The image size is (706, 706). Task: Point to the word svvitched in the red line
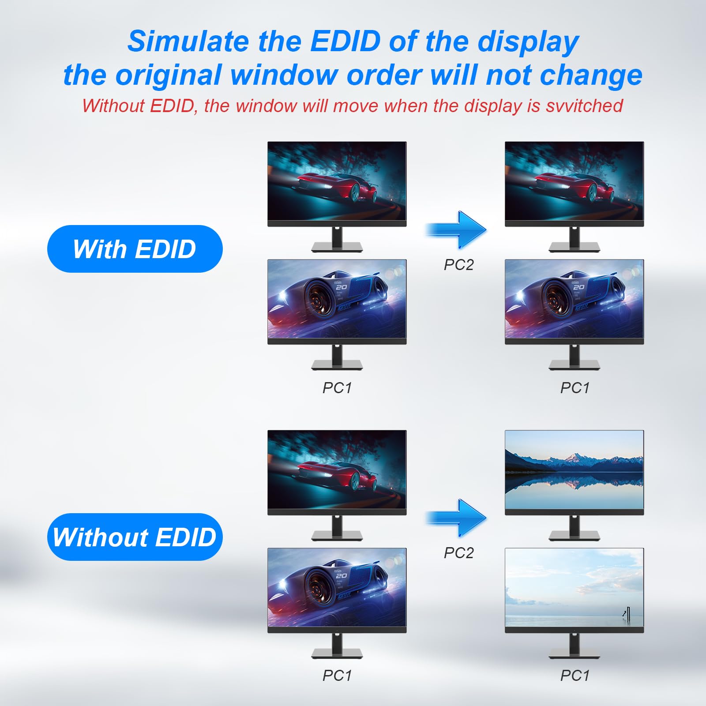pos(584,106)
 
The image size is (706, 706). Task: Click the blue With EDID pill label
pos(135,249)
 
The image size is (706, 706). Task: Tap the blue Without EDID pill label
pos(135,537)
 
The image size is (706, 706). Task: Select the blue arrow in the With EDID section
pos(457,229)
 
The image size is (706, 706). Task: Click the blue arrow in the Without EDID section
pos(457,518)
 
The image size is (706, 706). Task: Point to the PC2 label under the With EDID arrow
pos(458,265)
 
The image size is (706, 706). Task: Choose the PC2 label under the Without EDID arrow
pos(458,553)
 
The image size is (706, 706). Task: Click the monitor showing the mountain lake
pos(574,470)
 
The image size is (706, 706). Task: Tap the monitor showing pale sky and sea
pos(574,588)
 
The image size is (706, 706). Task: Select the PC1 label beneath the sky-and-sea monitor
pos(575,676)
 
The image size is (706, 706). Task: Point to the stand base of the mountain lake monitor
pos(574,536)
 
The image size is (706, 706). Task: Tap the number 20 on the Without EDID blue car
pos(342,575)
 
